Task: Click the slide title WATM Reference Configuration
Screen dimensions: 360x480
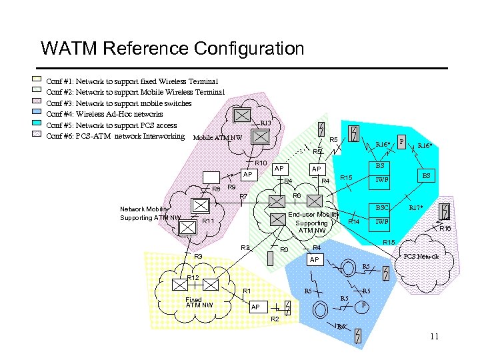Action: point(172,49)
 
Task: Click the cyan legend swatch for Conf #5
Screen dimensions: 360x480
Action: point(37,125)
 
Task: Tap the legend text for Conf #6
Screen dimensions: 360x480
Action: point(114,136)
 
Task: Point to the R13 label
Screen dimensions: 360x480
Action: point(265,123)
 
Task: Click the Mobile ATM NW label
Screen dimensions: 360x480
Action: point(217,138)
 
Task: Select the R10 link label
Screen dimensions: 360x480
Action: point(261,163)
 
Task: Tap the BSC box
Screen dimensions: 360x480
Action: point(381,208)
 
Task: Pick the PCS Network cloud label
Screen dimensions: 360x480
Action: point(421,256)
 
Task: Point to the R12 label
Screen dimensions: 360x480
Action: point(193,277)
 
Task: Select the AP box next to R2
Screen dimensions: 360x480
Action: point(255,307)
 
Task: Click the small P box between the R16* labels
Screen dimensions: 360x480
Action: point(401,141)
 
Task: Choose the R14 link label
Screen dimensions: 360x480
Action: point(354,221)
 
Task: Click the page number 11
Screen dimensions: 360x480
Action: point(434,336)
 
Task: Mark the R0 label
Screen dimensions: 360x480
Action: point(283,250)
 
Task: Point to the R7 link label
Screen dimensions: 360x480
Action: point(243,196)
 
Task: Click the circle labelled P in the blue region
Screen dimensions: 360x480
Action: point(363,305)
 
